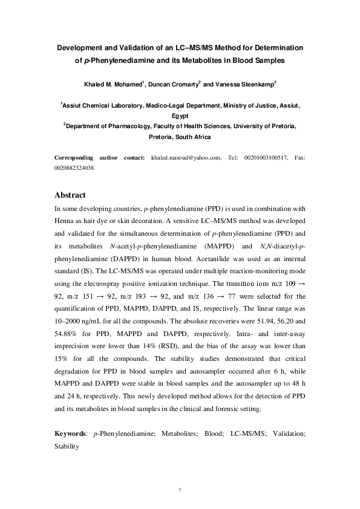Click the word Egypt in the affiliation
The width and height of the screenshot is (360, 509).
[x=180, y=115]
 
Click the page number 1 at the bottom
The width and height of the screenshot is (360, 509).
[x=180, y=488]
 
